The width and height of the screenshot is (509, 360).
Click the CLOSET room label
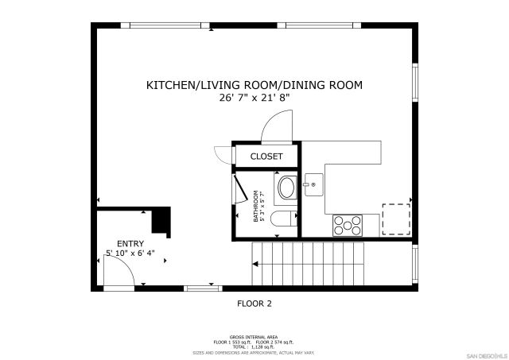point(266,157)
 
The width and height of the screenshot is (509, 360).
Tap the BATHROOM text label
point(257,205)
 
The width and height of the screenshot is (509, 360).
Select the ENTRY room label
point(130,243)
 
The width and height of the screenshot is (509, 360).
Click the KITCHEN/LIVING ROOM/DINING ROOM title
point(254,84)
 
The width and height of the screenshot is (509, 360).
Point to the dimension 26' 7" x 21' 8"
point(254,98)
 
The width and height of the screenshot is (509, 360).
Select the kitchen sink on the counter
point(310,186)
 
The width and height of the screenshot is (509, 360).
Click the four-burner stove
point(347,225)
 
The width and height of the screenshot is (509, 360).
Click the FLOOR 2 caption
point(254,303)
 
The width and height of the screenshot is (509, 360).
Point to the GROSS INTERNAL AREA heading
point(254,337)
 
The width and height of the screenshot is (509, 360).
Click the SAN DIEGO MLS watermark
point(486,354)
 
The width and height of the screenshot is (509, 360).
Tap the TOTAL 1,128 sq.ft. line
point(254,346)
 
